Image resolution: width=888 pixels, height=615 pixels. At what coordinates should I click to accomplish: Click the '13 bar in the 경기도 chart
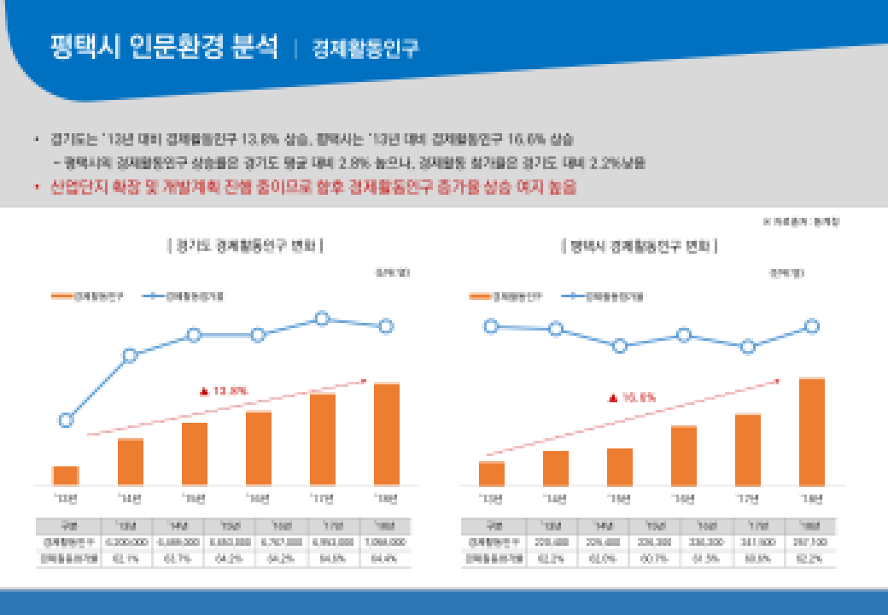tap(66, 476)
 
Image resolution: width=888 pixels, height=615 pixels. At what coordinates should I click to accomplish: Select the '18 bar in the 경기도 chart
tap(386, 434)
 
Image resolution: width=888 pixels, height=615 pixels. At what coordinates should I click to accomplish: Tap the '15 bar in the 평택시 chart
tap(619, 466)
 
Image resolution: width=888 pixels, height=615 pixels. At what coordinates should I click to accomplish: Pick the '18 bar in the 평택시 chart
tap(811, 431)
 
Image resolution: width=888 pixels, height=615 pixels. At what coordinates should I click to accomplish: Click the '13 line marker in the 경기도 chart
tap(66, 419)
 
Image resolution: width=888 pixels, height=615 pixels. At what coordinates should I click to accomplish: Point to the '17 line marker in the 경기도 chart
tap(322, 319)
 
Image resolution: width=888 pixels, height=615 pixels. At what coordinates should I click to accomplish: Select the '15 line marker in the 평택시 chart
tap(620, 346)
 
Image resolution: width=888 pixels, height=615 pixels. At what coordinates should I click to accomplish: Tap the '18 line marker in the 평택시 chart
tap(812, 326)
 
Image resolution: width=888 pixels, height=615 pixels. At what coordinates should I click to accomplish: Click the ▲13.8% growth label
tap(224, 391)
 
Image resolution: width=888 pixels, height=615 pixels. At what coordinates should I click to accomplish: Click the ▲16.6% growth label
tap(633, 397)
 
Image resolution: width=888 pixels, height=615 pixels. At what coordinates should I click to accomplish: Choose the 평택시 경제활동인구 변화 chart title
tap(640, 246)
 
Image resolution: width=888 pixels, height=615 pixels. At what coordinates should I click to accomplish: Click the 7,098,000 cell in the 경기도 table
tap(386, 542)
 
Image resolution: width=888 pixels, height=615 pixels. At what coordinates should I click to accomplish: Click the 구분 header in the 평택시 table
tap(493, 525)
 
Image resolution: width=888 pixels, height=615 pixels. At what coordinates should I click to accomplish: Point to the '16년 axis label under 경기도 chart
tap(258, 498)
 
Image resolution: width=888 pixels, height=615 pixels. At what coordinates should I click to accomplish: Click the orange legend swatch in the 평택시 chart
tap(479, 296)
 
